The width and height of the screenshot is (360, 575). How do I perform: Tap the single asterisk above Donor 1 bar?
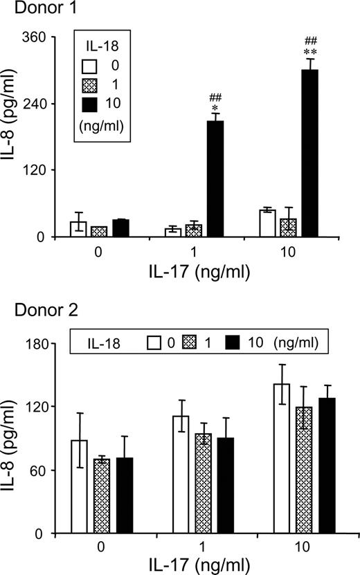click(x=215, y=109)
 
